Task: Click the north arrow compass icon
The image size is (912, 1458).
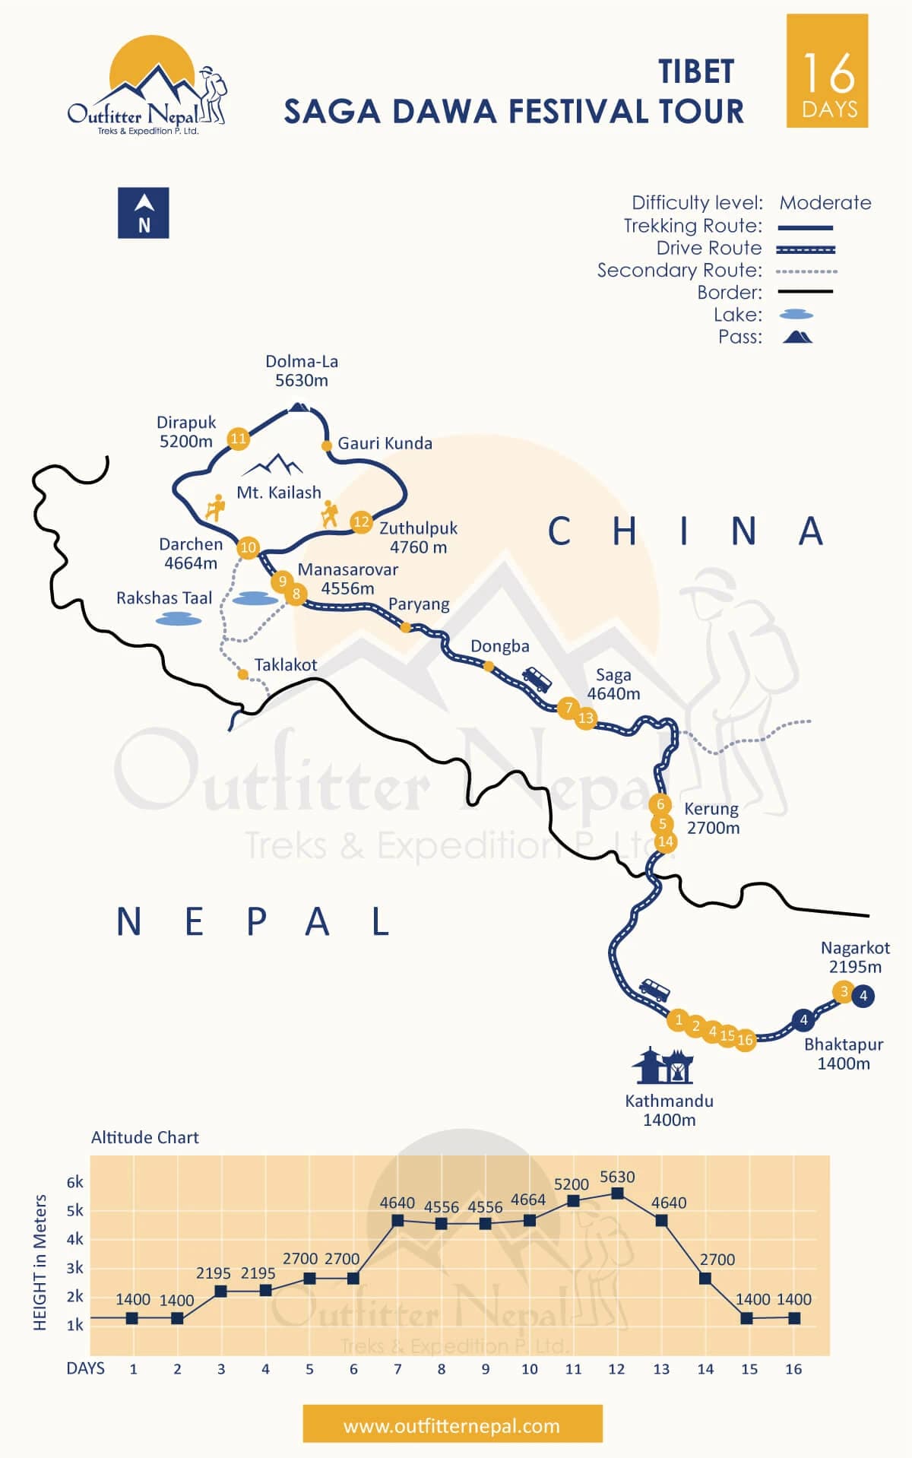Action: click(x=144, y=213)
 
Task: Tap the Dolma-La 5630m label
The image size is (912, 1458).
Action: click(x=302, y=371)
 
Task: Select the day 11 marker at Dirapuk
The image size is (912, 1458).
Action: click(x=239, y=438)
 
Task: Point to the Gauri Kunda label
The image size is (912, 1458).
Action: click(x=385, y=443)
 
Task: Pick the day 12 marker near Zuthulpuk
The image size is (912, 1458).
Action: click(x=361, y=521)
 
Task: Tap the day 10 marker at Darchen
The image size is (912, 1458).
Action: click(x=249, y=547)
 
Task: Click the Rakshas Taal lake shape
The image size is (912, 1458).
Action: click(x=179, y=620)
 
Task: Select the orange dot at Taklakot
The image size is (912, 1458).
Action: click(x=242, y=674)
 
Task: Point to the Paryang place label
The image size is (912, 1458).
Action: click(x=419, y=604)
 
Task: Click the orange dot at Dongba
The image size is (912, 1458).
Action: click(x=489, y=667)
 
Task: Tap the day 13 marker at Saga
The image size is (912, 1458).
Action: click(x=586, y=718)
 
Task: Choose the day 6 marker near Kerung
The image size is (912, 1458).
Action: click(x=660, y=804)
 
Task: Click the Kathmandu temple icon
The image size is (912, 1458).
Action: click(x=663, y=1066)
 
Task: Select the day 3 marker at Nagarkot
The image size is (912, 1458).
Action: click(x=843, y=991)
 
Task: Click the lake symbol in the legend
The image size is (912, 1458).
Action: click(x=796, y=315)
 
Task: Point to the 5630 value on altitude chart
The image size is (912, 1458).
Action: click(x=617, y=1177)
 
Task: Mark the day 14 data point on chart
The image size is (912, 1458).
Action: click(x=705, y=1279)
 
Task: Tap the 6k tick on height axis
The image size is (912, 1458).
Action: click(x=75, y=1182)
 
